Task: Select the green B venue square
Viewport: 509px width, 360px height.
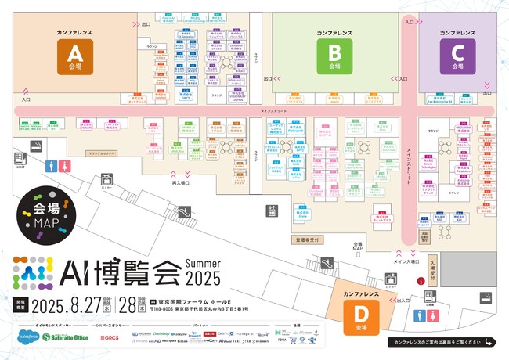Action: coord(334,56)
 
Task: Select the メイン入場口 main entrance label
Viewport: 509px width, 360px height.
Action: coord(407,262)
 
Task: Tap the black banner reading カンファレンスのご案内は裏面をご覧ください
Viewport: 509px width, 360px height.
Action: coord(442,343)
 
